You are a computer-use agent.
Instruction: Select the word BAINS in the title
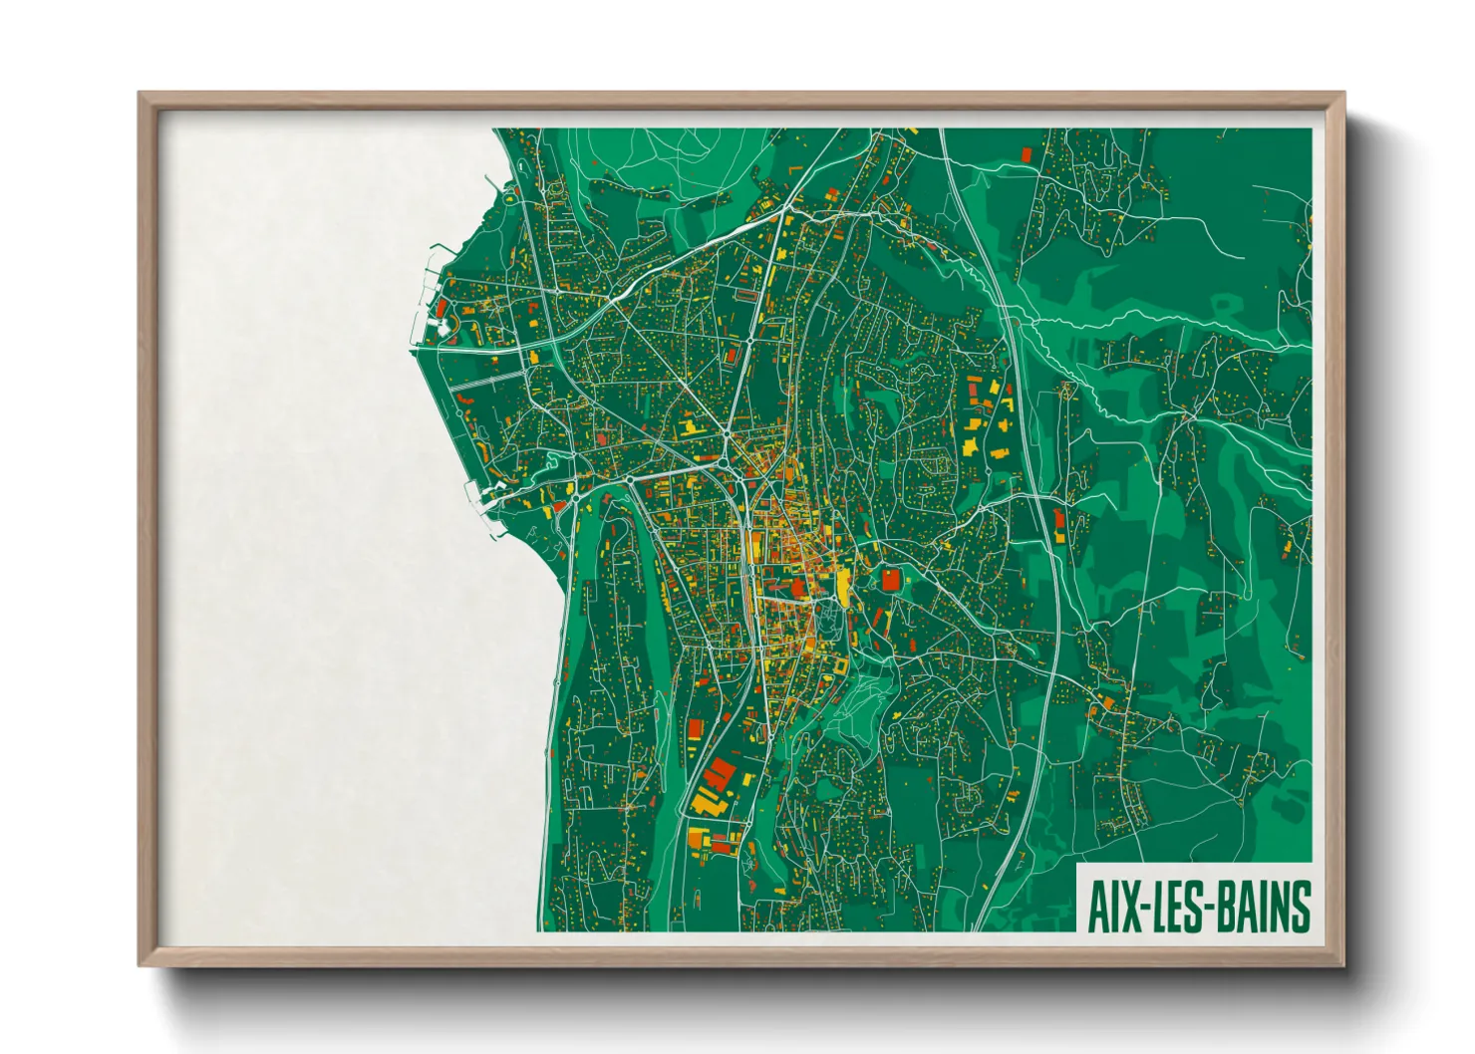(1260, 907)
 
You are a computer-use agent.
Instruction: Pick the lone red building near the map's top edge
(1027, 153)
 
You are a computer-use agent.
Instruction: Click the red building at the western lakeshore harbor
(441, 309)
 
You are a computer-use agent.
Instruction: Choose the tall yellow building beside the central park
(844, 589)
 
